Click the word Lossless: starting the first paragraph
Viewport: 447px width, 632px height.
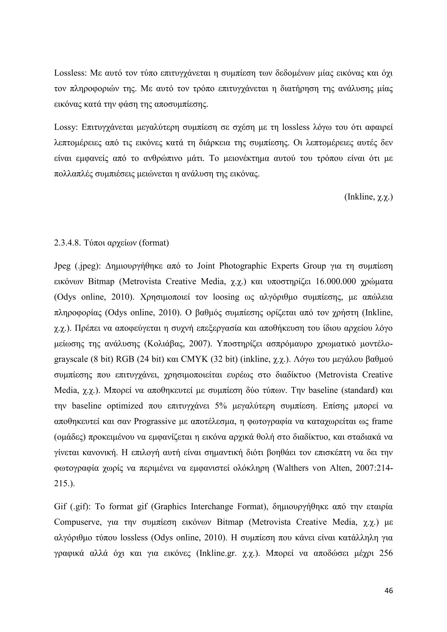[x=70, y=73]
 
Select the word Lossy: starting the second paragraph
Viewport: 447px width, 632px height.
[x=66, y=127]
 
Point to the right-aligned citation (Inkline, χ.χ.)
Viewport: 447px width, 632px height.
[x=368, y=197]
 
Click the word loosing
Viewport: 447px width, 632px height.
[x=226, y=297]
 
